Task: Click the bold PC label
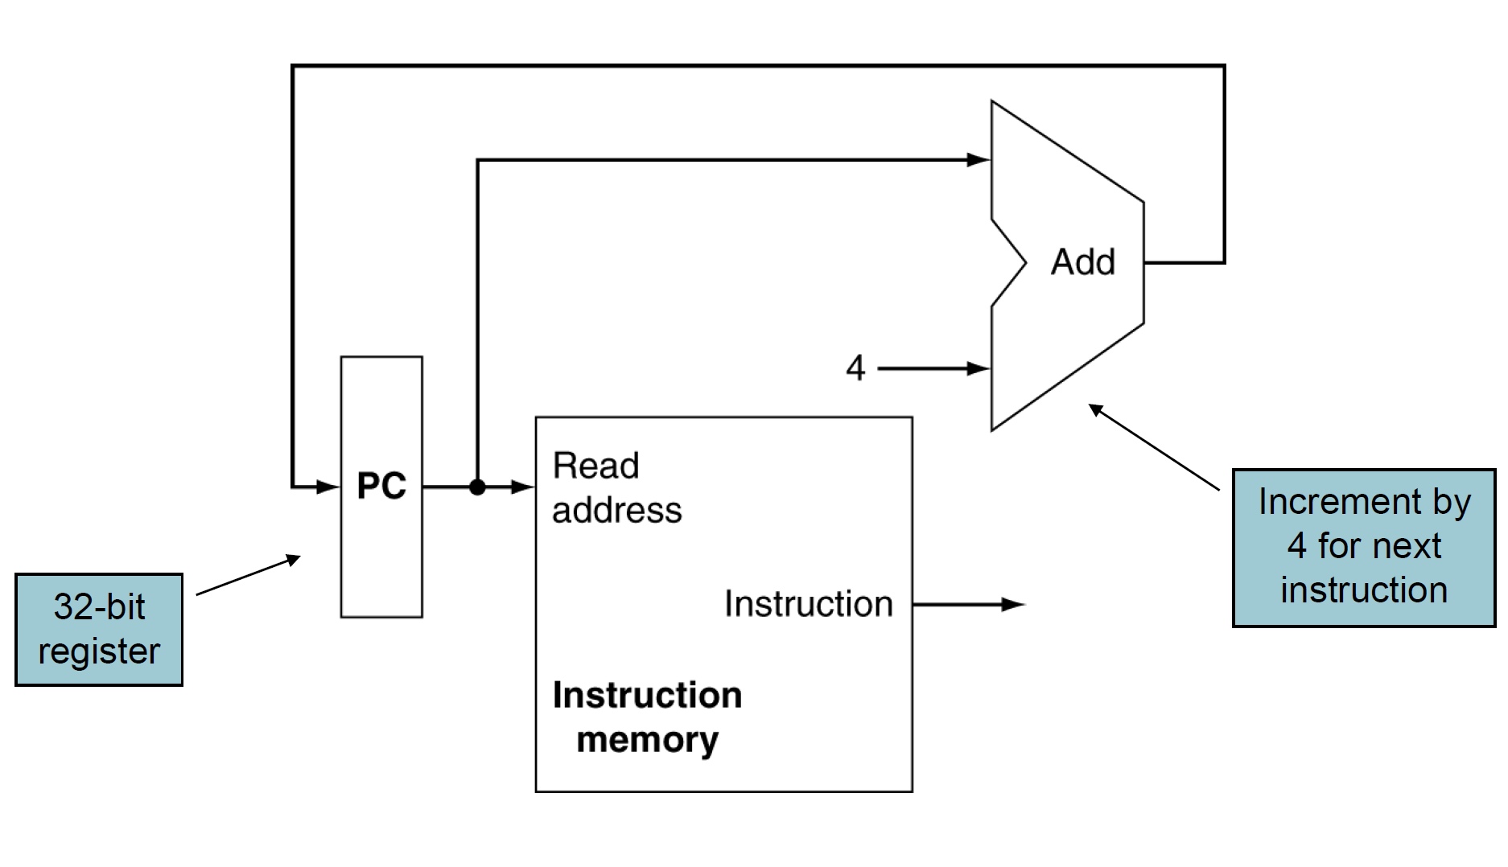point(381,486)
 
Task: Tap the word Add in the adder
point(1082,262)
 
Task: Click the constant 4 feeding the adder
point(855,368)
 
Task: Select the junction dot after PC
point(477,487)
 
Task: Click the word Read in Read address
point(595,466)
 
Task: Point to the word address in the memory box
point(616,510)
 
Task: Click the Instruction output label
point(808,603)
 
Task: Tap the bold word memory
point(647,739)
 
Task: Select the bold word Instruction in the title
point(647,695)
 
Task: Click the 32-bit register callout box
point(99,629)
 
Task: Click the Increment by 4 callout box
point(1363,547)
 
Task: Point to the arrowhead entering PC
point(330,487)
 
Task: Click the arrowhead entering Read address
point(524,487)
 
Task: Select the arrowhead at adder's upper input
point(979,160)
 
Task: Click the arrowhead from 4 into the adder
point(979,368)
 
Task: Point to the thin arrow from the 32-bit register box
point(248,575)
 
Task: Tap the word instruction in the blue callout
point(1363,590)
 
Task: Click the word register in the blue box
point(99,651)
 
